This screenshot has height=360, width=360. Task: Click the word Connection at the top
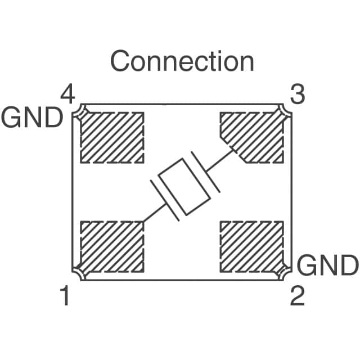coord(182,61)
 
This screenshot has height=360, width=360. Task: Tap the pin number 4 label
coord(67,95)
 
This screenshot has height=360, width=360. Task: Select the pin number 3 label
coord(297,95)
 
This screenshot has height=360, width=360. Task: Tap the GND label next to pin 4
coord(31,118)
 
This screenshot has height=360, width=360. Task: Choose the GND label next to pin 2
coord(327,265)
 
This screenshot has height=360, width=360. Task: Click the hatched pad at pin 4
coord(112,137)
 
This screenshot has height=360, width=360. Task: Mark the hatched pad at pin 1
coord(112,245)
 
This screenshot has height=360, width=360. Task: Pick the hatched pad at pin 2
coord(251,245)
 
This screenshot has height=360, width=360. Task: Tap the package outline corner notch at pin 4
coord(79,110)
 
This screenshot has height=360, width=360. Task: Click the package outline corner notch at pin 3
coord(285,110)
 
